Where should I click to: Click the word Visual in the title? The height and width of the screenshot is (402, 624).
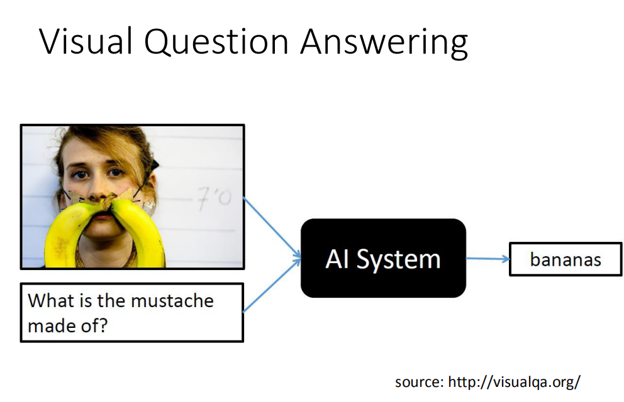[x=86, y=41]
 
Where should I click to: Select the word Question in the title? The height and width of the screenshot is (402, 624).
[x=216, y=42]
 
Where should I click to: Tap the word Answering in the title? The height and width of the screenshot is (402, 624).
[x=384, y=43]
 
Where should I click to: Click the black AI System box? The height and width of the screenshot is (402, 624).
[x=383, y=258]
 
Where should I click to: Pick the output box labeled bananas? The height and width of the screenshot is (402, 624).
[x=565, y=259]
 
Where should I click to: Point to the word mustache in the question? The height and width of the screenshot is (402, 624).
[x=172, y=301]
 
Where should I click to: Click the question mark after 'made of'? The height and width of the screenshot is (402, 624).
[x=103, y=325]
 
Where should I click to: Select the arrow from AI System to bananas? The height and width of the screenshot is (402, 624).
[x=487, y=259]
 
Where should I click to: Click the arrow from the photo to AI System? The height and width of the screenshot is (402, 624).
[x=272, y=228]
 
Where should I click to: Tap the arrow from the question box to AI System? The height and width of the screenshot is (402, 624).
[x=272, y=286]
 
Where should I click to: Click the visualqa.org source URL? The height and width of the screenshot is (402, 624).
[x=514, y=382]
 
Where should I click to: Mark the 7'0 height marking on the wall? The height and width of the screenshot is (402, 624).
[x=214, y=198]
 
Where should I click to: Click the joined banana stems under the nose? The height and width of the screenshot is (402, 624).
[x=108, y=203]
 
